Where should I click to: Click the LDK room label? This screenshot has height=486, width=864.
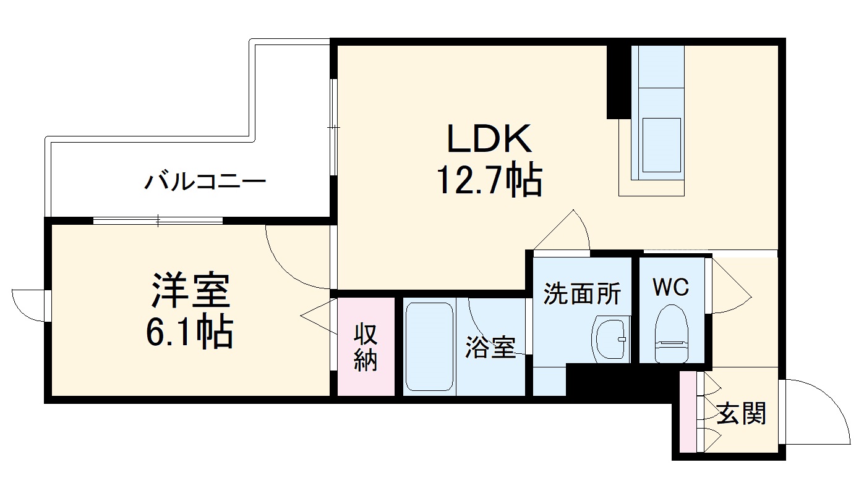click(x=489, y=140)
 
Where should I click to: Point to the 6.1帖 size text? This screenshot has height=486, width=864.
click(x=189, y=333)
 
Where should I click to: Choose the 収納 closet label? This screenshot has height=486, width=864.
click(x=366, y=347)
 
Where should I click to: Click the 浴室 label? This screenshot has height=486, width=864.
click(x=490, y=348)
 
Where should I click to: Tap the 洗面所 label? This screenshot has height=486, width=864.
click(x=581, y=294)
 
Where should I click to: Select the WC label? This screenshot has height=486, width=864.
click(x=670, y=287)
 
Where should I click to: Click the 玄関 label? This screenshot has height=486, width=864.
click(x=742, y=413)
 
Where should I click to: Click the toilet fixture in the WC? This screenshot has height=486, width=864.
click(x=671, y=333)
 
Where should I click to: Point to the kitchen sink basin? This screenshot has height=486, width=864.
click(x=661, y=145)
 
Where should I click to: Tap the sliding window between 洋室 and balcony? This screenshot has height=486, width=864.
click(x=158, y=220)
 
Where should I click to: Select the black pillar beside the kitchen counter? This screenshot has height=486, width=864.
click(x=615, y=80)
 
